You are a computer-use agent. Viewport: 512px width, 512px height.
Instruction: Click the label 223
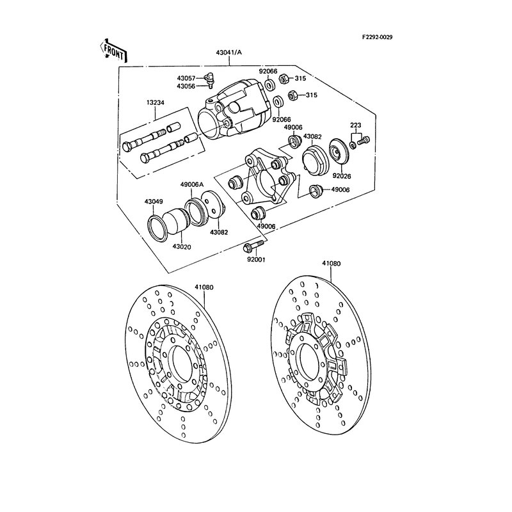tap(356, 125)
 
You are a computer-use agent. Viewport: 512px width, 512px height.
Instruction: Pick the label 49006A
tap(192, 184)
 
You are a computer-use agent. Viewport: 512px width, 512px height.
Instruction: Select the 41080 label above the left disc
tap(204, 287)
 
